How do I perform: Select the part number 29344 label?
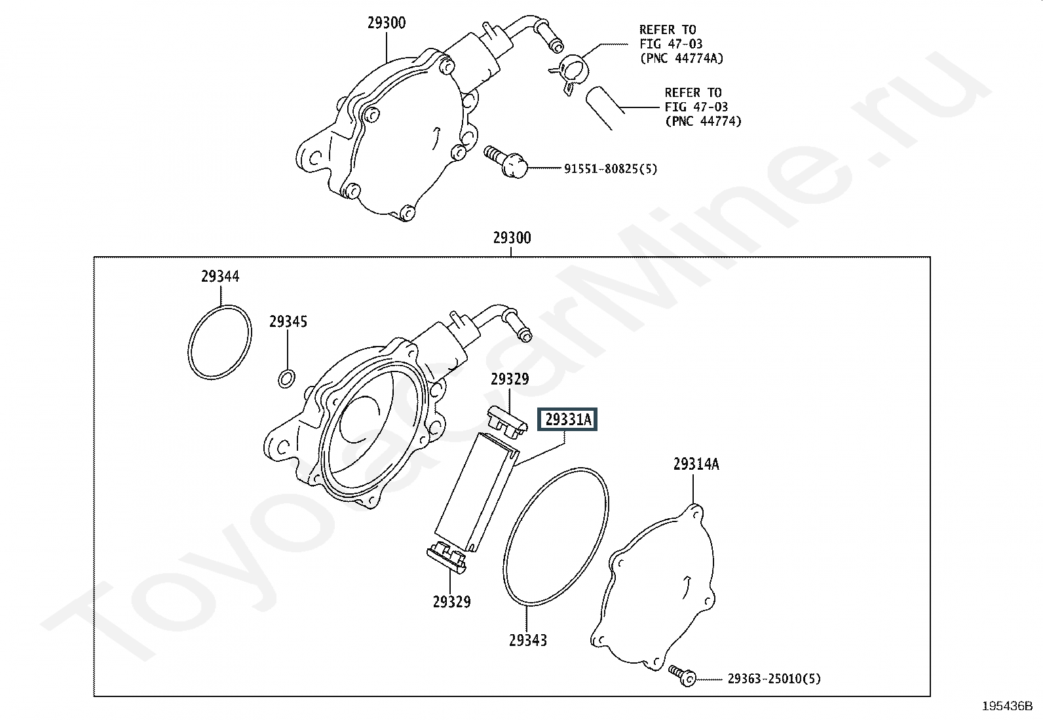[220, 276]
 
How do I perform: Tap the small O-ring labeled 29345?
[286, 378]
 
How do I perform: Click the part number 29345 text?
[288, 322]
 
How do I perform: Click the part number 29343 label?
[527, 640]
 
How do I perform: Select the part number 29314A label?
[696, 464]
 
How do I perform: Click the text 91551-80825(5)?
[610, 169]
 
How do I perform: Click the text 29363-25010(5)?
[774, 679]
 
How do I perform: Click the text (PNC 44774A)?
[681, 58]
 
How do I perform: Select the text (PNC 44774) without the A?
[703, 121]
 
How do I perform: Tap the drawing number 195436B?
[1006, 706]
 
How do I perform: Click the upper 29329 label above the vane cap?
[510, 379]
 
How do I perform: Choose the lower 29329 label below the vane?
[451, 601]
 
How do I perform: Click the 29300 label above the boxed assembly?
[512, 238]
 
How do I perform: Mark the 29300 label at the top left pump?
[386, 23]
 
